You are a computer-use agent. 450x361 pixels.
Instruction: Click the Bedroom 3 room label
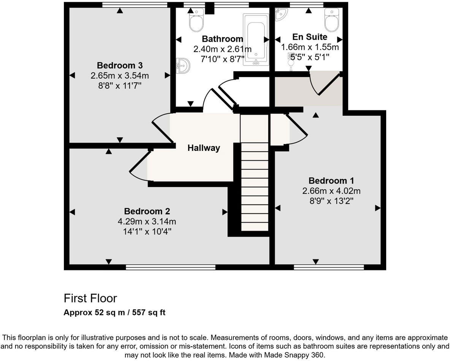coord(120,65)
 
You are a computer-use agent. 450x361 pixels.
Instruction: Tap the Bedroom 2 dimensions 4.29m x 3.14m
coord(147,221)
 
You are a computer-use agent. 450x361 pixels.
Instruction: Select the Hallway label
coord(204,148)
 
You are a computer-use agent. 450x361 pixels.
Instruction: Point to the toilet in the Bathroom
coord(196,20)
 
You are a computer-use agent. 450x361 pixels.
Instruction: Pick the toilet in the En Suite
coord(331,20)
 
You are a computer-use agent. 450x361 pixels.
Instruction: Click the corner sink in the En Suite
coord(281,14)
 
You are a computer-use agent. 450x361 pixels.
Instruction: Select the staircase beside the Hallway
coord(254,186)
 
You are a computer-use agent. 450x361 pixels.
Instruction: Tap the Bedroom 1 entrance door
coord(297,130)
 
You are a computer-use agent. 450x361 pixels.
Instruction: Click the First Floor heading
coord(90,298)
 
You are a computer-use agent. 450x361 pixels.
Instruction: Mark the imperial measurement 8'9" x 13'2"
coord(329,201)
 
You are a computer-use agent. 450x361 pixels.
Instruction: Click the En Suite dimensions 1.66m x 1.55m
coord(310,47)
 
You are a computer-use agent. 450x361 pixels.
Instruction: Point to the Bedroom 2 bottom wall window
coord(170,267)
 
